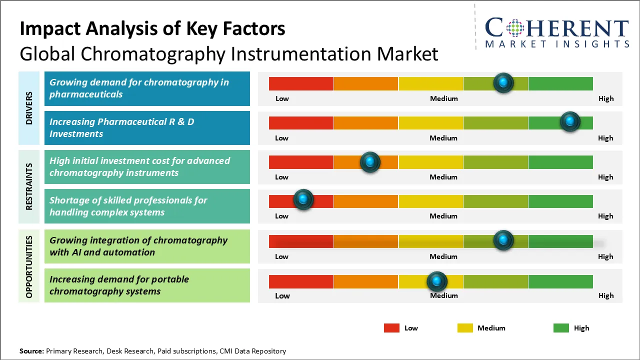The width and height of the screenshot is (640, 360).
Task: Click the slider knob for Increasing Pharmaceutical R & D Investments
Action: [570, 121]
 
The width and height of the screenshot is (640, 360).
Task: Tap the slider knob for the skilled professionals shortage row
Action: [303, 199]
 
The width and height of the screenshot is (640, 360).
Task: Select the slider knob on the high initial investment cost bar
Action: [370, 162]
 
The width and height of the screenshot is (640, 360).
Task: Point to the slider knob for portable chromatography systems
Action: [437, 281]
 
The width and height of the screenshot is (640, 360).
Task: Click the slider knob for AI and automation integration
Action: [503, 240]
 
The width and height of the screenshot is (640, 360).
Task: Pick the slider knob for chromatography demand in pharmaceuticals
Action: [503, 83]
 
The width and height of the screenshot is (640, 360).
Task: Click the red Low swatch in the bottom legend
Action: [391, 328]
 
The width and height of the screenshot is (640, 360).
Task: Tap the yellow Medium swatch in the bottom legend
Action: [465, 328]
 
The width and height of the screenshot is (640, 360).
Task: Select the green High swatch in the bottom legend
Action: [561, 328]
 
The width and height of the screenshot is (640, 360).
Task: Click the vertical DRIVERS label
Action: [29, 108]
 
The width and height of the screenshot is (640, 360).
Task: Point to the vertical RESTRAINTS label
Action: [29, 186]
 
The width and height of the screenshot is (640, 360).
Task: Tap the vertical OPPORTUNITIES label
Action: [29, 267]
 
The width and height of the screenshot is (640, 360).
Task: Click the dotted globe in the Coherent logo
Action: [515, 28]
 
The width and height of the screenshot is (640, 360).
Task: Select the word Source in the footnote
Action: [31, 351]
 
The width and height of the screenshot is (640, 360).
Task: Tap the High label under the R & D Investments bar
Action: [605, 138]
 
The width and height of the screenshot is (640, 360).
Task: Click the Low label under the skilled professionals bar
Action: [281, 216]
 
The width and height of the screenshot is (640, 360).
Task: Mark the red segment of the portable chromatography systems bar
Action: [301, 281]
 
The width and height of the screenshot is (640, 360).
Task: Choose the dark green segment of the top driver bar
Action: [560, 83]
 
